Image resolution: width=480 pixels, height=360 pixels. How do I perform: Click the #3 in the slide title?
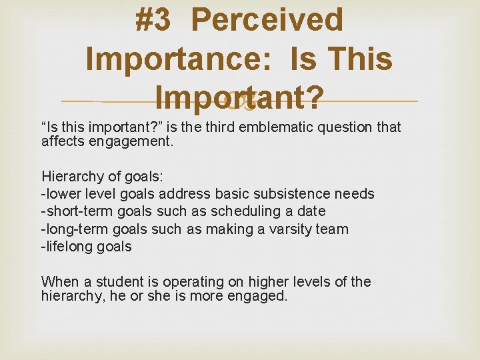click(154, 20)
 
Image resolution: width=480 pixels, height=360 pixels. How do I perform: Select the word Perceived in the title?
click(267, 20)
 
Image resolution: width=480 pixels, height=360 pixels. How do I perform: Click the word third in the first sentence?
click(219, 128)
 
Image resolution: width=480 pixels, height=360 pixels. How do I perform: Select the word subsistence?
click(292, 194)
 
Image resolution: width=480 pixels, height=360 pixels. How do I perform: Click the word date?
click(311, 211)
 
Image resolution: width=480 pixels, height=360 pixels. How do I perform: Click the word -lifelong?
click(67, 246)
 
